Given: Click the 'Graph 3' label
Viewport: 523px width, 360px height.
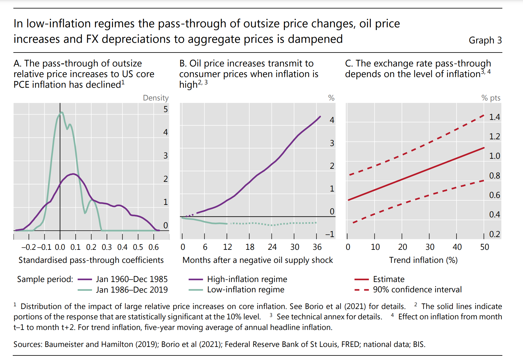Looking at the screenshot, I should pos(485,40).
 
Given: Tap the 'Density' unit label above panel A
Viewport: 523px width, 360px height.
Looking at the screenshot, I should pos(156,98).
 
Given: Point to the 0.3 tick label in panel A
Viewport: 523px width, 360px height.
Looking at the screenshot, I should pos(107,247).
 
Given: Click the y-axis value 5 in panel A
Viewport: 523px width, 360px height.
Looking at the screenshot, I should pos(165,109).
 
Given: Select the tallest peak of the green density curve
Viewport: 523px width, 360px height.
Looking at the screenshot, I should pos(62,113).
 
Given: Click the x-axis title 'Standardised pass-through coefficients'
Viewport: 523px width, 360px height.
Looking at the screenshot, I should pos(91,260).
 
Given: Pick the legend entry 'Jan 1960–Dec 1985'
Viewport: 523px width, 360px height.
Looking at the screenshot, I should pos(132,279).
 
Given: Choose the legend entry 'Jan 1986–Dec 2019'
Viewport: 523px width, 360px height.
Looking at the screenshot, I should pos(132,290).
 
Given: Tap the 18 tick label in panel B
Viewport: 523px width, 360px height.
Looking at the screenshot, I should pos(250,247).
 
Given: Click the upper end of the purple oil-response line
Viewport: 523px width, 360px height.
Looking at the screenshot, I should pos(320,117).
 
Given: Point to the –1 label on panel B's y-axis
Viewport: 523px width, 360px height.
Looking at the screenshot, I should pos(330,234).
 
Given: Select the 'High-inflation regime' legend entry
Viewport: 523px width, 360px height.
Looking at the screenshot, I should pos(247,279).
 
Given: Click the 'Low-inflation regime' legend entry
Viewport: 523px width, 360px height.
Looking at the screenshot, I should pos(245,290).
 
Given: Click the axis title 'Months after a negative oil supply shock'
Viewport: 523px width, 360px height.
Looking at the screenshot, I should pos(258,260).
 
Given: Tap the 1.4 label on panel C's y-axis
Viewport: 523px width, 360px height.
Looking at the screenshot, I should pos(494,117).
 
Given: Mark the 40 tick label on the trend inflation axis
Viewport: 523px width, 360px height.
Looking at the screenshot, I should pos(457,247).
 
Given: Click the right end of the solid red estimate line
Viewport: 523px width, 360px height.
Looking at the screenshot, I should pos(484,148).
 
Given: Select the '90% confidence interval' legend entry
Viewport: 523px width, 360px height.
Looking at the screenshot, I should pos(417,290).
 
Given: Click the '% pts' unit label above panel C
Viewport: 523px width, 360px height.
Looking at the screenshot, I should pos(491,98).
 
